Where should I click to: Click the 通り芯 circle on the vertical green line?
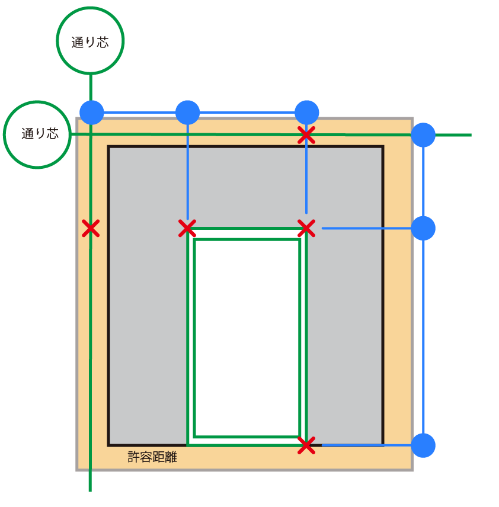(x=90, y=41)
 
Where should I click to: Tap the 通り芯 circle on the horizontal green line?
(x=37, y=134)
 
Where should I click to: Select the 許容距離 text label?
(x=152, y=457)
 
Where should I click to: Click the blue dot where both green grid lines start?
(x=92, y=112)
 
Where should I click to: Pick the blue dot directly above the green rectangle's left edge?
(x=187, y=112)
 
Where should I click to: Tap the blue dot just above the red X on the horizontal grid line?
(x=306, y=112)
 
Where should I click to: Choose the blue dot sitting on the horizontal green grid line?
(x=423, y=135)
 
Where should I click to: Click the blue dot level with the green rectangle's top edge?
(x=423, y=228)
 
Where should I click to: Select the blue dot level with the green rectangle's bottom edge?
(x=423, y=445)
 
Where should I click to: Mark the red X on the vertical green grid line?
(x=90, y=228)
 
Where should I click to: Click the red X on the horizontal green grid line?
(x=306, y=135)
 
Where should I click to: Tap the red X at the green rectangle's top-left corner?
(x=187, y=228)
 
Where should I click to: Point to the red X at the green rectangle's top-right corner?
(x=306, y=228)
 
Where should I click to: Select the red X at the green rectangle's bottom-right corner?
(x=306, y=445)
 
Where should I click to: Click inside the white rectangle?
(x=247, y=338)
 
